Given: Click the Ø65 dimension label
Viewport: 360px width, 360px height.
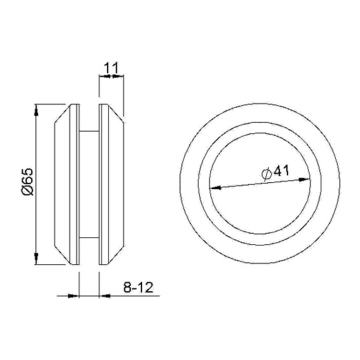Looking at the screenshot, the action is [x=28, y=182].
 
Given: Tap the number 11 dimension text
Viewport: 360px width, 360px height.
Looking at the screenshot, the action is [x=111, y=68].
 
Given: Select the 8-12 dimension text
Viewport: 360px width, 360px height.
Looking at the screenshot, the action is [x=138, y=287].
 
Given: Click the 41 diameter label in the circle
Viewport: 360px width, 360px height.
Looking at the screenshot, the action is [x=281, y=171].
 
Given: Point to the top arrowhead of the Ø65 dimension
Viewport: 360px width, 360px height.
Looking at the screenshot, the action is [x=36, y=112].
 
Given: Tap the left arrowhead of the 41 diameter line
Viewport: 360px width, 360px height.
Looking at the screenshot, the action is [x=215, y=188].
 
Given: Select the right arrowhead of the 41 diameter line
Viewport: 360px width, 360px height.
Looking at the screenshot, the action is [x=304, y=180].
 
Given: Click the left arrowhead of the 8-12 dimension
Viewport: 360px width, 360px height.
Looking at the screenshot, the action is [x=73, y=296].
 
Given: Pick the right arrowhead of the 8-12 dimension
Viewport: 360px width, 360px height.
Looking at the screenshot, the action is [x=104, y=296].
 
